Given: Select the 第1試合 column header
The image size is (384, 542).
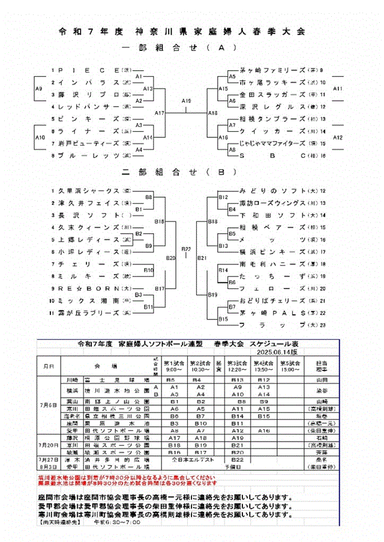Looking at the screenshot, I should click(x=176, y=365).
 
